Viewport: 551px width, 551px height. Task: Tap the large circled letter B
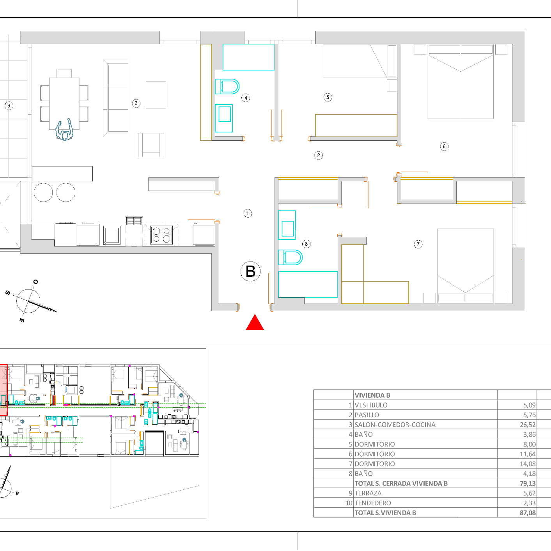tap(250, 271)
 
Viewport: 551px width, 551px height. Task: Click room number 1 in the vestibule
tap(248, 213)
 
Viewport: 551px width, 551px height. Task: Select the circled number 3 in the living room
tap(136, 103)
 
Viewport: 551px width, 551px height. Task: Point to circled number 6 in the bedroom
tap(444, 146)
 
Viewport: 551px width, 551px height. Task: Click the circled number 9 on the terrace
tap(9, 106)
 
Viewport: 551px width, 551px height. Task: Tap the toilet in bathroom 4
tap(227, 86)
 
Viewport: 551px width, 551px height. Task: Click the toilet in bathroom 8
tap(291, 257)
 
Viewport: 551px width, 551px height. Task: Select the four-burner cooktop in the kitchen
tap(161, 235)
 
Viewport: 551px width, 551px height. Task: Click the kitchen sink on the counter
tap(112, 235)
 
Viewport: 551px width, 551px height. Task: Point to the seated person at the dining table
tap(64, 130)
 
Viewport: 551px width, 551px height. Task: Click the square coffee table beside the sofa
tap(156, 95)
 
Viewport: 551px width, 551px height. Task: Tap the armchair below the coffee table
tap(151, 145)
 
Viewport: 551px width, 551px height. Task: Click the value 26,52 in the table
tap(528, 425)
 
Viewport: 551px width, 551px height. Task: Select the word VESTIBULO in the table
tap(371, 405)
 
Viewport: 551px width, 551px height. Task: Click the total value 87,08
tap(528, 513)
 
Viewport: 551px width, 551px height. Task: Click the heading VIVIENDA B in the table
tap(372, 395)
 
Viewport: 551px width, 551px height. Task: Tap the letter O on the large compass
tap(35, 282)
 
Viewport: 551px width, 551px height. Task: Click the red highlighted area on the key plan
tap(4, 390)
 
